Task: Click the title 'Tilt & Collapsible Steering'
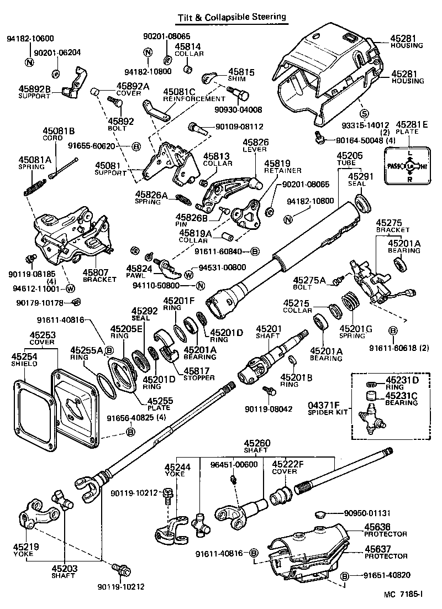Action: point(231,17)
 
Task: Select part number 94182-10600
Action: point(30,39)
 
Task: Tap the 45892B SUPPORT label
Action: point(34,91)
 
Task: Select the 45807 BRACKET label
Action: point(99,276)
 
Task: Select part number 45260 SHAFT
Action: point(257,447)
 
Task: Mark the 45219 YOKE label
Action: point(26,550)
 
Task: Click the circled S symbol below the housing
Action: point(364,113)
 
